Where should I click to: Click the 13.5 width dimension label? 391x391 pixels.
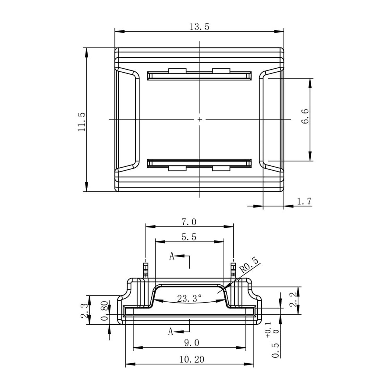tap(199, 27)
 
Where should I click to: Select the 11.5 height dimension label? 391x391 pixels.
tap(82, 122)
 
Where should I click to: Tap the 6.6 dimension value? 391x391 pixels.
tap(305, 116)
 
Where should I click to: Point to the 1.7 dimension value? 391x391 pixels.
tap(304, 201)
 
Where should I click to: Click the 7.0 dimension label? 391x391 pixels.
tap(189, 222)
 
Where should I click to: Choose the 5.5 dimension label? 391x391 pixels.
tap(189, 237)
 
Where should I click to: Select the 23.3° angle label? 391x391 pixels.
tap(190, 298)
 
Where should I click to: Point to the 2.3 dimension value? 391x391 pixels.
tap(84, 310)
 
